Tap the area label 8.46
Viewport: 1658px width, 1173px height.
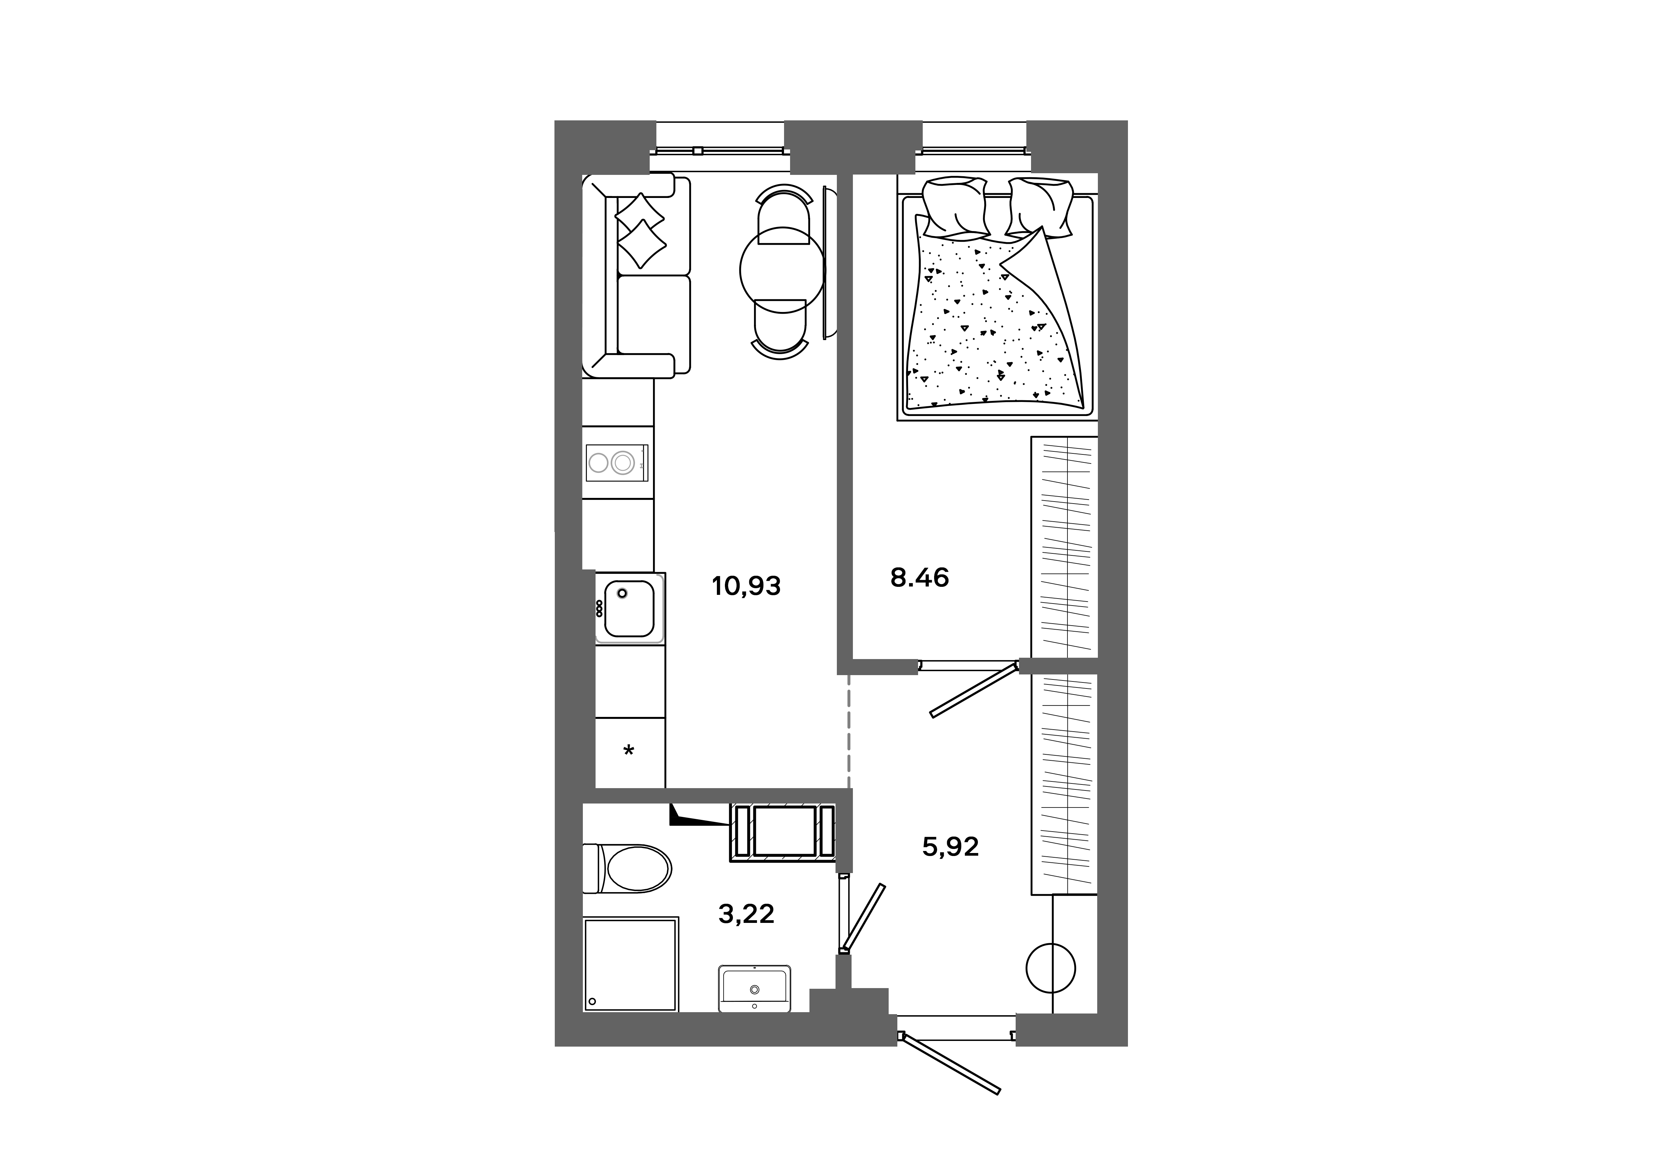(x=919, y=578)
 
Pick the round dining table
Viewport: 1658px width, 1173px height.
(x=782, y=270)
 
